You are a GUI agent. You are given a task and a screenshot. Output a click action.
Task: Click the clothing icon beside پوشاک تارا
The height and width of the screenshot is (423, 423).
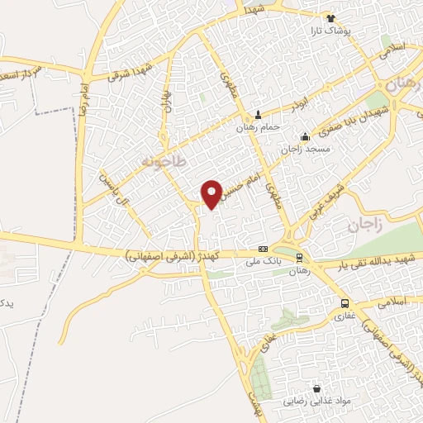(x=331, y=18)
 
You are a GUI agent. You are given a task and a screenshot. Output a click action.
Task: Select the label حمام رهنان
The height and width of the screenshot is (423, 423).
(x=259, y=127)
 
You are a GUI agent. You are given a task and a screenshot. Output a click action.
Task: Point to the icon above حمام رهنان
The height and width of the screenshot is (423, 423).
(x=259, y=116)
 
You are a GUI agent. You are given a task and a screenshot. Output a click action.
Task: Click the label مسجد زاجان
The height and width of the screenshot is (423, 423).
(x=307, y=149)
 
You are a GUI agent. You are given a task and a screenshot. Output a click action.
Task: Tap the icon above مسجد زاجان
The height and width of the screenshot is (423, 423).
(x=305, y=137)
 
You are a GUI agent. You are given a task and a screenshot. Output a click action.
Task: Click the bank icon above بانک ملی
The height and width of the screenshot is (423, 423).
(x=263, y=249)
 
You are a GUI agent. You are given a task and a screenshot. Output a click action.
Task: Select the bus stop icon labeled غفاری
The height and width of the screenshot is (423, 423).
(x=345, y=303)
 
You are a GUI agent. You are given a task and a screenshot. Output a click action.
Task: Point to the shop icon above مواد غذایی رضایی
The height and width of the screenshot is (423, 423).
(x=316, y=388)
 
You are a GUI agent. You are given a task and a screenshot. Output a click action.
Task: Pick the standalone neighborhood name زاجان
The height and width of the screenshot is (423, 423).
(x=366, y=226)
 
